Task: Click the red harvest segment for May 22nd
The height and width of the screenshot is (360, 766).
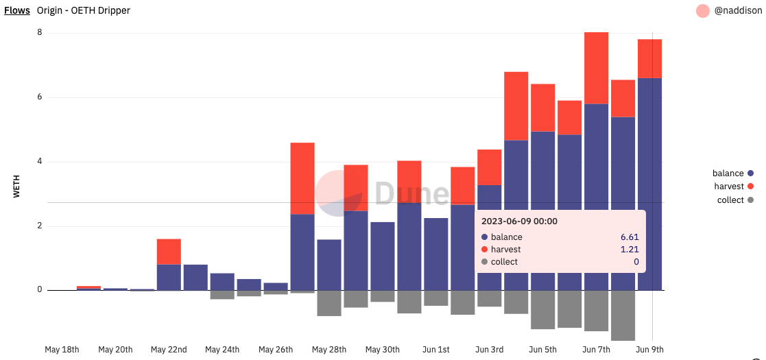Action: (169, 252)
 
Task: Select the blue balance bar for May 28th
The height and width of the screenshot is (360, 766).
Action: (329, 265)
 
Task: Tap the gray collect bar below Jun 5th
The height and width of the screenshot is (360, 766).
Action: (542, 309)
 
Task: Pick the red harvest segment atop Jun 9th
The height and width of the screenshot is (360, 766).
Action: (649, 58)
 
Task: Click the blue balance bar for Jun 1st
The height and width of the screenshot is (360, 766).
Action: (436, 254)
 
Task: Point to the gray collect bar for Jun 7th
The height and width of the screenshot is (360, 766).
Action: (596, 311)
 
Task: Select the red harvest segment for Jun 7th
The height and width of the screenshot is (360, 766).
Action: (596, 69)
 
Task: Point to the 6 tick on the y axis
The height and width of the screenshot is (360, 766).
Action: (39, 97)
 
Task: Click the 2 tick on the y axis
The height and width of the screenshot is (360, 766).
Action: (39, 226)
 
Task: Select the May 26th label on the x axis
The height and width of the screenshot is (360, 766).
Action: (276, 350)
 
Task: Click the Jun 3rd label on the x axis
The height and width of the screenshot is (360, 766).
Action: (489, 350)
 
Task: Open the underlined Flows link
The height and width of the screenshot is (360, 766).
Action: (16, 11)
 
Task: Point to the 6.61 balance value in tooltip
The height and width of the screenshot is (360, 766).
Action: (629, 237)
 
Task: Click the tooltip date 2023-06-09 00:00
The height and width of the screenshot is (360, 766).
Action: (519, 221)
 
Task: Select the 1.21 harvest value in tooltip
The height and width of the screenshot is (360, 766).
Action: (630, 250)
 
